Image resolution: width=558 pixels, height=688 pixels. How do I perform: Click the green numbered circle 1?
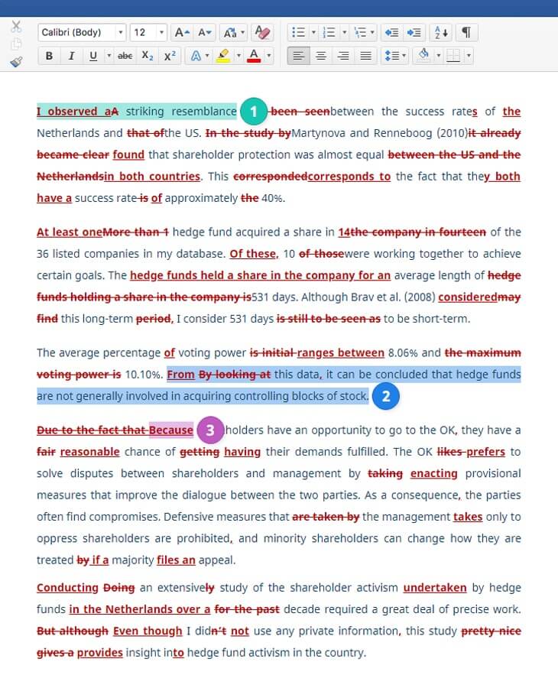pyautogui.click(x=255, y=112)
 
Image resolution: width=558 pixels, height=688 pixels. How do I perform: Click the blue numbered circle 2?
pyautogui.click(x=386, y=396)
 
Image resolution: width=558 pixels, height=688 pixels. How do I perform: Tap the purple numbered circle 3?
pyautogui.click(x=210, y=430)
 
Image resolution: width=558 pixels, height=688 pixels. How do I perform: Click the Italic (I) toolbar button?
pyautogui.click(x=71, y=56)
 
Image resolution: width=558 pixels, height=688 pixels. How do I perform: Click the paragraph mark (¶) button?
pyautogui.click(x=466, y=32)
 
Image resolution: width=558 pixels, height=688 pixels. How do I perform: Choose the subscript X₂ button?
pyautogui.click(x=148, y=56)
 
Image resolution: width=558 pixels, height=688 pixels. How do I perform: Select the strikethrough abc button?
pyautogui.click(x=125, y=56)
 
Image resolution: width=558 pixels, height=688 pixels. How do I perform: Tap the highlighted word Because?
pyautogui.click(x=171, y=430)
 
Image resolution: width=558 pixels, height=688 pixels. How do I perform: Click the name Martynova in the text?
pyautogui.click(x=319, y=133)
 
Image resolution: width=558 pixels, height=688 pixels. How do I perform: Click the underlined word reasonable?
pyautogui.click(x=89, y=452)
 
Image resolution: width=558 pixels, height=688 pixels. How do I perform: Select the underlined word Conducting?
pyautogui.click(x=67, y=588)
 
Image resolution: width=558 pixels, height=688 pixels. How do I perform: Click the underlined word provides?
pyautogui.click(x=99, y=653)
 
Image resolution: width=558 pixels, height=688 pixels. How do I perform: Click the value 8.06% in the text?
pyautogui.click(x=403, y=353)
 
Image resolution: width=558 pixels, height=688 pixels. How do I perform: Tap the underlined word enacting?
pyautogui.click(x=433, y=474)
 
